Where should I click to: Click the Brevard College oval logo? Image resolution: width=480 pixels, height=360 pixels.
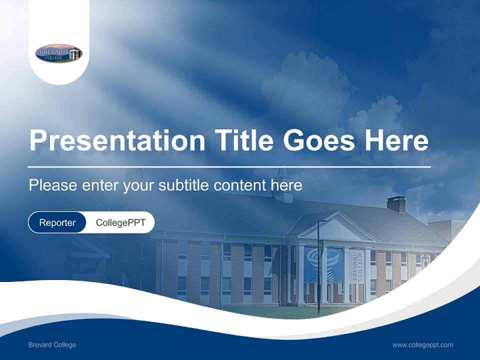(x=58, y=53)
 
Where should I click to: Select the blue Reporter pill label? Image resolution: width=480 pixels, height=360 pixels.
(x=57, y=222)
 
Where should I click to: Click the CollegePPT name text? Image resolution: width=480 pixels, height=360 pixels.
(x=120, y=222)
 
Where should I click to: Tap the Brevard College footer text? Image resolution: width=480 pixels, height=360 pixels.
(x=52, y=344)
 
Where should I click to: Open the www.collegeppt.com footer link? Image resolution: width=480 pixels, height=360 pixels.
(x=422, y=344)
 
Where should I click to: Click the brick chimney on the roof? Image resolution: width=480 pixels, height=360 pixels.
(x=396, y=204)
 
